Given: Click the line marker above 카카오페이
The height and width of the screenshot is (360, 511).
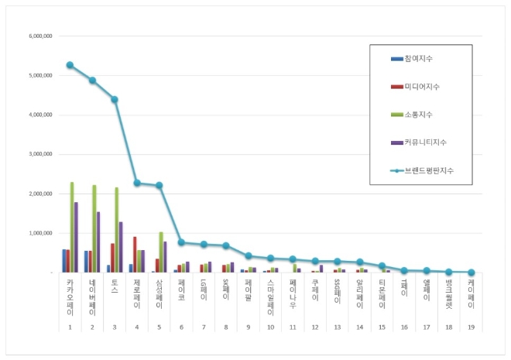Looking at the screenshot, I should pyautogui.click(x=70, y=65).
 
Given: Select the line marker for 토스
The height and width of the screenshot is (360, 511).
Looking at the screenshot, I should pyautogui.click(x=115, y=99).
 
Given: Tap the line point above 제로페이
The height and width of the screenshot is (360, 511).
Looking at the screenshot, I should pyautogui.click(x=137, y=183).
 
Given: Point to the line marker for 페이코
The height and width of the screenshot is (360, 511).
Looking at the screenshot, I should pyautogui.click(x=181, y=242).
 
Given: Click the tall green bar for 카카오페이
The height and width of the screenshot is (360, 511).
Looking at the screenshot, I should pyautogui.click(x=72, y=227).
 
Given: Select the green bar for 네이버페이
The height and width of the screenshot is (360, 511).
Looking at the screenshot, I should pyautogui.click(x=94, y=228).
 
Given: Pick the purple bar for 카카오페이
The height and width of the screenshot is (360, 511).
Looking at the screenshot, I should pyautogui.click(x=76, y=237).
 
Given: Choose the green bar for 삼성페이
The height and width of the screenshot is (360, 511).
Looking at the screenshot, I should pyautogui.click(x=161, y=252).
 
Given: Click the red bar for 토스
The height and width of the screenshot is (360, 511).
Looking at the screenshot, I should pyautogui.click(x=112, y=257).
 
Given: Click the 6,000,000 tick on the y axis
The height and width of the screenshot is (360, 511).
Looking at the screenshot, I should pyautogui.click(x=39, y=36).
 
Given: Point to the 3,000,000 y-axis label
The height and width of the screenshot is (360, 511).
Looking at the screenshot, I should pyautogui.click(x=39, y=154).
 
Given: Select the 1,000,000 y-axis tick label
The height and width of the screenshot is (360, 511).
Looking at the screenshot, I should pyautogui.click(x=39, y=233).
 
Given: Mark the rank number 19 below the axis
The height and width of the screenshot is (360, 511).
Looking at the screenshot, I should pyautogui.click(x=471, y=327).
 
